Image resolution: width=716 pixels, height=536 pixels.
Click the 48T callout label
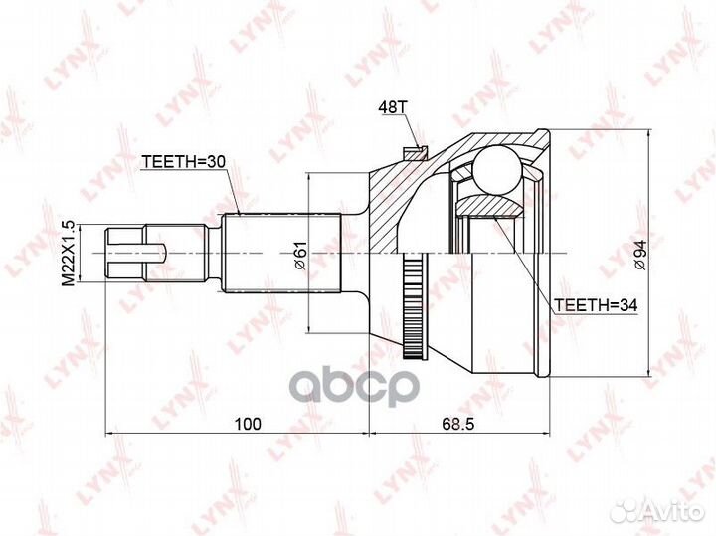[393, 106]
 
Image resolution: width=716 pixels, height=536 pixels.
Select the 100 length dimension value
[246, 425]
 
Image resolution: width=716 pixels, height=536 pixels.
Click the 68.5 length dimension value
[457, 425]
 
